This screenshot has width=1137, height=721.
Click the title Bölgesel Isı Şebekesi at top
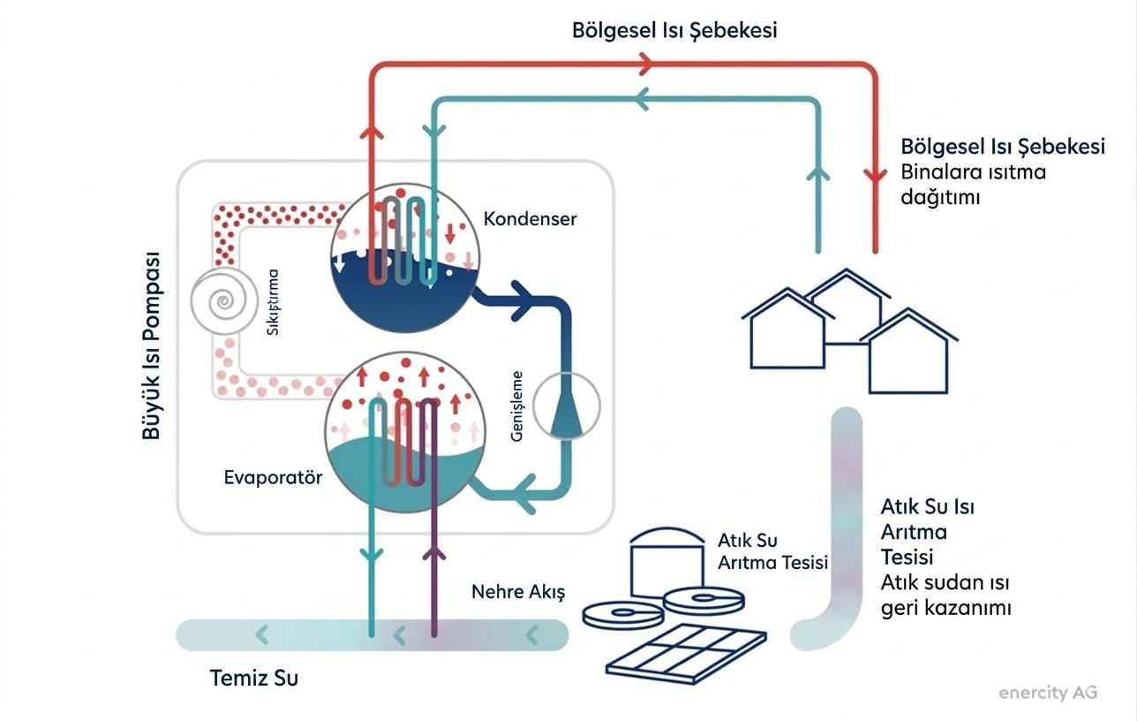coord(674,31)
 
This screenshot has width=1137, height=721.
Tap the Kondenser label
coord(530,218)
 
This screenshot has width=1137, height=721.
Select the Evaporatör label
coord(273,478)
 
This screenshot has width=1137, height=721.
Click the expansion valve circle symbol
coord(568,407)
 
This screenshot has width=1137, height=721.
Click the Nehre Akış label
coord(517,592)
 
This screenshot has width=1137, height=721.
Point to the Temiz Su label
coord(254,679)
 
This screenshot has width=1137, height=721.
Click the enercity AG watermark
coord(1048,693)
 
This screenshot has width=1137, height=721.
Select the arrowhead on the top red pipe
coord(644,64)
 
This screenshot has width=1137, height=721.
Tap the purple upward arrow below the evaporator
coord(433,556)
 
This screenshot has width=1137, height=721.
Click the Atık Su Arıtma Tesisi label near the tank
coord(773,551)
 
